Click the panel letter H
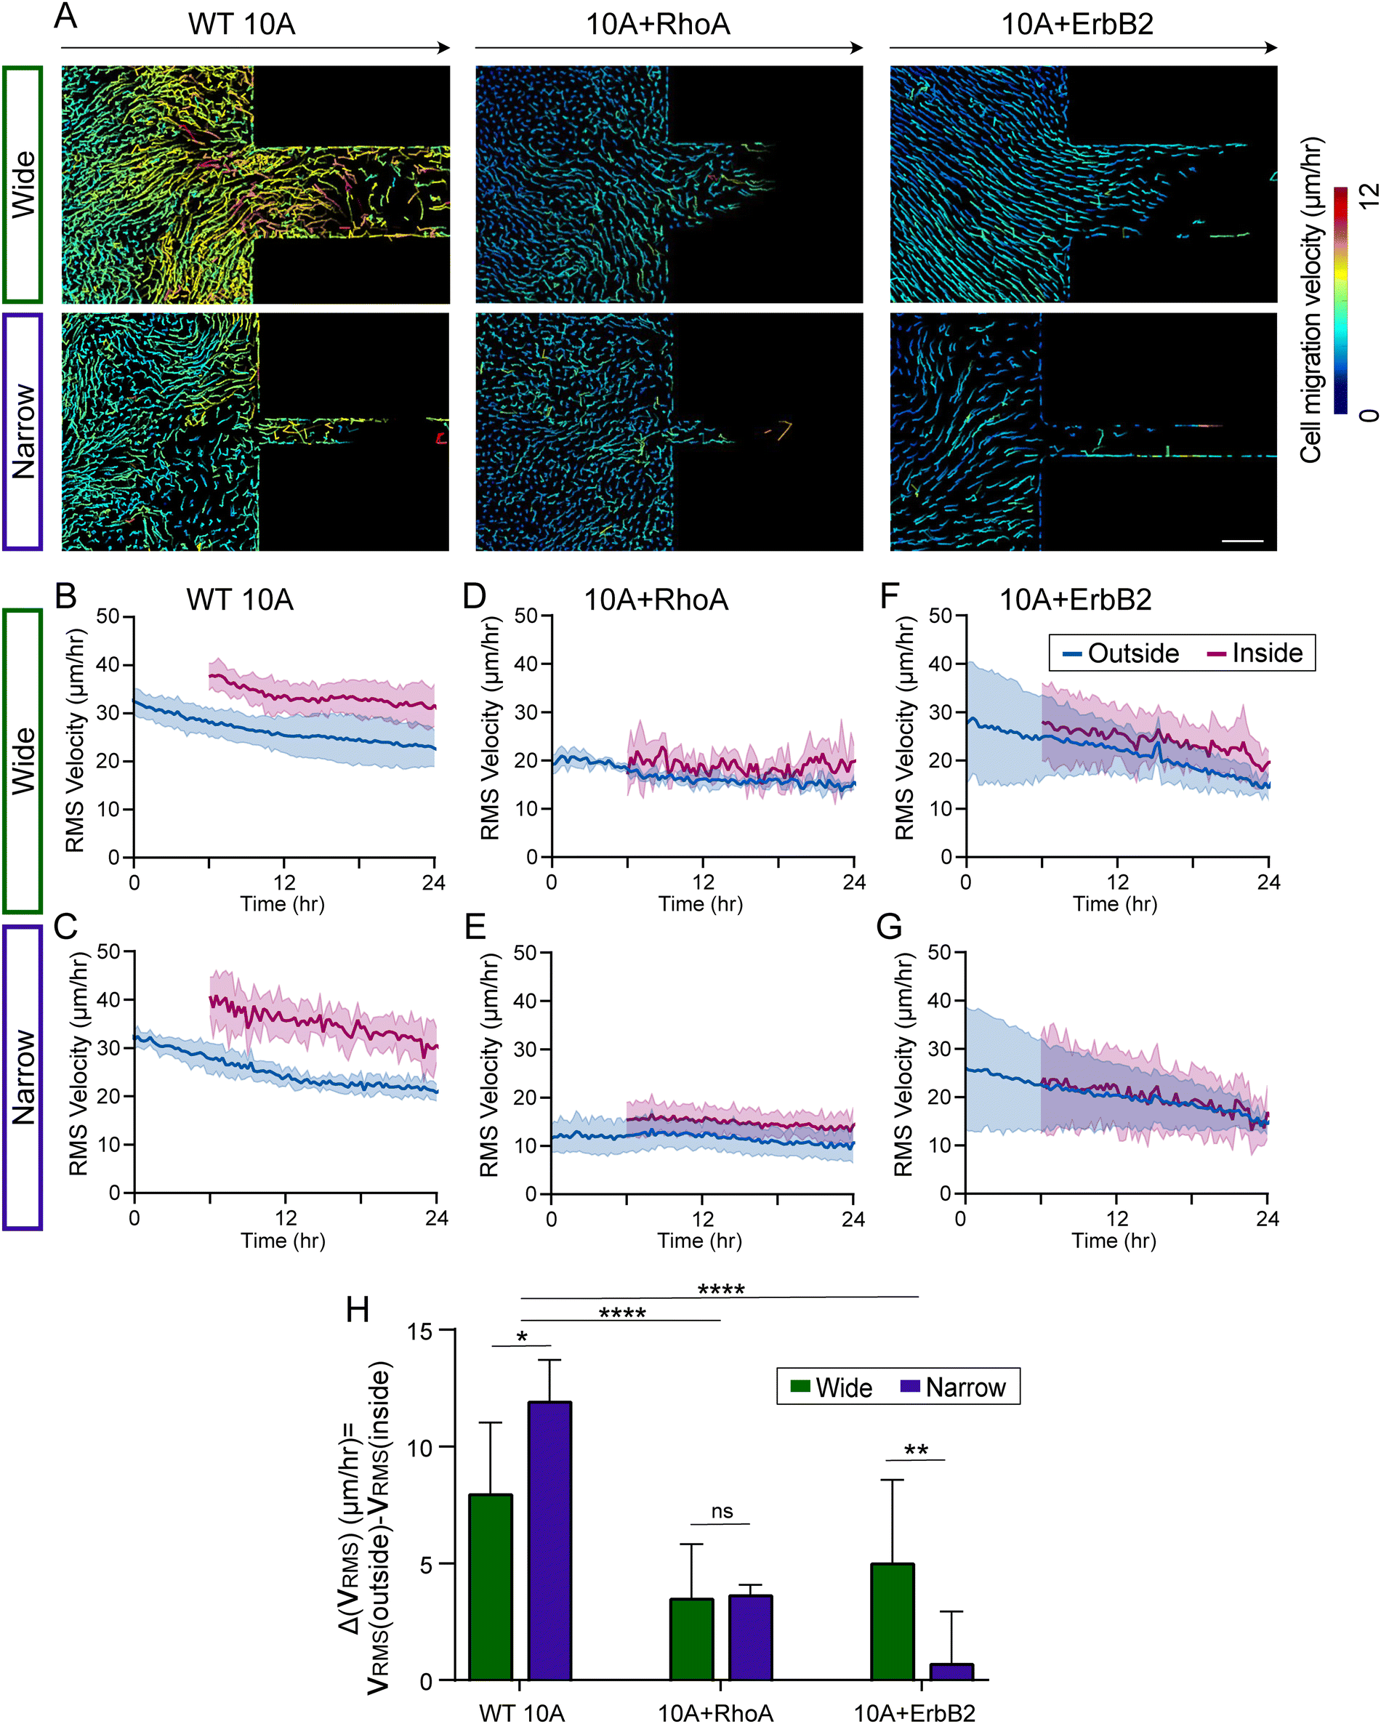coord(357,1310)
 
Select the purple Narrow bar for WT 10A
coord(549,1541)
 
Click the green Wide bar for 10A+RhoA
coord(691,1639)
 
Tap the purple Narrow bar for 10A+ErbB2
coord(951,1671)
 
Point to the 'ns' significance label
coord(722,1510)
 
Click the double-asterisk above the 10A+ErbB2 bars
coord(916,1451)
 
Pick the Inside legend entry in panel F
coord(1255,653)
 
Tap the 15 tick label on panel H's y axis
coord(420,1332)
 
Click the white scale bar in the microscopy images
coord(1242,541)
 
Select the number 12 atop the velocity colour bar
coord(1368,194)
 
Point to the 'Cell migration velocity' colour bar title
coord(1310,300)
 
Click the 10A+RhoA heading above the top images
coord(658,25)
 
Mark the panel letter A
coord(65,15)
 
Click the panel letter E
coord(475,927)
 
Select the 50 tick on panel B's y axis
coord(108,616)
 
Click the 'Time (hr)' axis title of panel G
coord(1114,1240)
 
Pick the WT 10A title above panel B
coord(240,600)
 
